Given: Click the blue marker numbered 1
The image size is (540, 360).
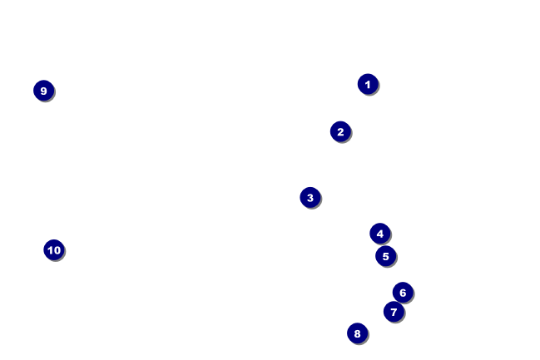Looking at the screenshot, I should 368,84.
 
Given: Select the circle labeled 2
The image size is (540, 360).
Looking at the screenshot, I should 340,131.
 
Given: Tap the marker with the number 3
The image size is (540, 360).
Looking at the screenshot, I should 310,197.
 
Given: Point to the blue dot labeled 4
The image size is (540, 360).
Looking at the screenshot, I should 380,234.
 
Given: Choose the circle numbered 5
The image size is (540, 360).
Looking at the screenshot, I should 385,256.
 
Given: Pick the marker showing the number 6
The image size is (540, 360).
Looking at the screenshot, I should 403,292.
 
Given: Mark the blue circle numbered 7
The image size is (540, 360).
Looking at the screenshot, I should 394,312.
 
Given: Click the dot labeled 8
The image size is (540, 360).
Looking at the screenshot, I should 358,333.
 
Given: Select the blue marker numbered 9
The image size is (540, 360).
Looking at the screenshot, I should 44,91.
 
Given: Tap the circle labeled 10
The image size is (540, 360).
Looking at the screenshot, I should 54,249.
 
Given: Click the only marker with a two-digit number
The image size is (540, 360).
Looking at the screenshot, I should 54,249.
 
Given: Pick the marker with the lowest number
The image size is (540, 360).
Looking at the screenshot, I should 368,84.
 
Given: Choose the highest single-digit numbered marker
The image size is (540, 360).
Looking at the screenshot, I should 44,91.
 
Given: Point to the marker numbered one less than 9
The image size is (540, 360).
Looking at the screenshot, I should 358,333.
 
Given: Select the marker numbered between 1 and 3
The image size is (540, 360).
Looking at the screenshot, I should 340,131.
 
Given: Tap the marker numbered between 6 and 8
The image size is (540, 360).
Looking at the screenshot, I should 394,312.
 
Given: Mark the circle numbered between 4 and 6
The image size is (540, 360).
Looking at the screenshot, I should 385,256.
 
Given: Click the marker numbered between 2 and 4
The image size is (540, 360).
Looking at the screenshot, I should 310,197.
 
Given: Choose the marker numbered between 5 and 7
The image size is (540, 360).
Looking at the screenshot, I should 403,292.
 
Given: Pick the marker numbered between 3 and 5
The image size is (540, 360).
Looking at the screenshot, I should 380,234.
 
